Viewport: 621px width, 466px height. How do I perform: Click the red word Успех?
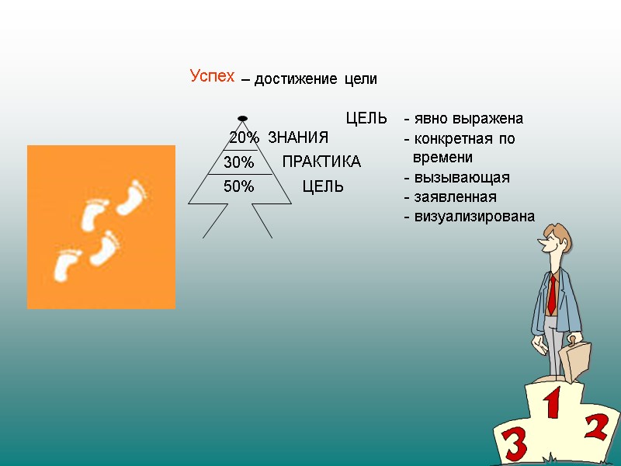tap(212, 76)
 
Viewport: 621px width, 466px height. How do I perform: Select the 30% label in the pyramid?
tap(239, 162)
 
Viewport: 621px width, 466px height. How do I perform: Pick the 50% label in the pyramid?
tap(239, 186)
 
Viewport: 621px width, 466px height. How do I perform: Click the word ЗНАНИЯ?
tap(298, 138)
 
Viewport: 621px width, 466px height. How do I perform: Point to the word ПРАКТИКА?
tap(321, 162)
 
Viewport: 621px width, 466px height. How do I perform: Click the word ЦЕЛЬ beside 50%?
tap(323, 187)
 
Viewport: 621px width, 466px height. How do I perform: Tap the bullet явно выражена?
tap(463, 119)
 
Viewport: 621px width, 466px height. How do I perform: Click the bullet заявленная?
tap(450, 197)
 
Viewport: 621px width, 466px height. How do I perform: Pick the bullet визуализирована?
tap(469, 217)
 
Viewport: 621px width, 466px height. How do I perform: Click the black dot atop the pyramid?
tap(242, 118)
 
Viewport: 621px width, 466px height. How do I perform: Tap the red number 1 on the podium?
tap(552, 406)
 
